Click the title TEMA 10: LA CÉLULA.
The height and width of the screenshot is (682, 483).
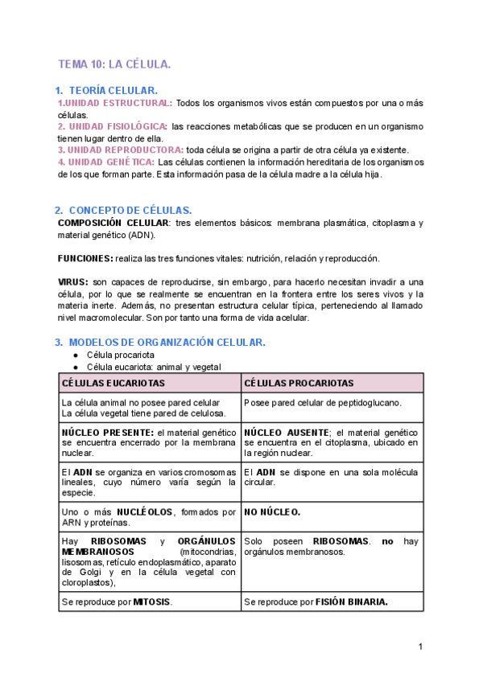tap(114, 64)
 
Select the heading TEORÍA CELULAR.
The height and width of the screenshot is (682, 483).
tap(114, 91)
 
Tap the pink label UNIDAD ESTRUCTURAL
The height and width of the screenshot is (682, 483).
tap(115, 104)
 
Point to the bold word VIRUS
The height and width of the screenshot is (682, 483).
tap(73, 282)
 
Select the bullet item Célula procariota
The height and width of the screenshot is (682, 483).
tap(121, 355)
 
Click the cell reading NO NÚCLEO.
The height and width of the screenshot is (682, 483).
tap(272, 511)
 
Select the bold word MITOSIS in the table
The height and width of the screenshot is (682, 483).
tap(154, 601)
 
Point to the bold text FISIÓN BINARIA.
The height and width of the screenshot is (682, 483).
tap(352, 601)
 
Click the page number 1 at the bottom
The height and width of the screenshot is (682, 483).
tap(420, 647)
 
